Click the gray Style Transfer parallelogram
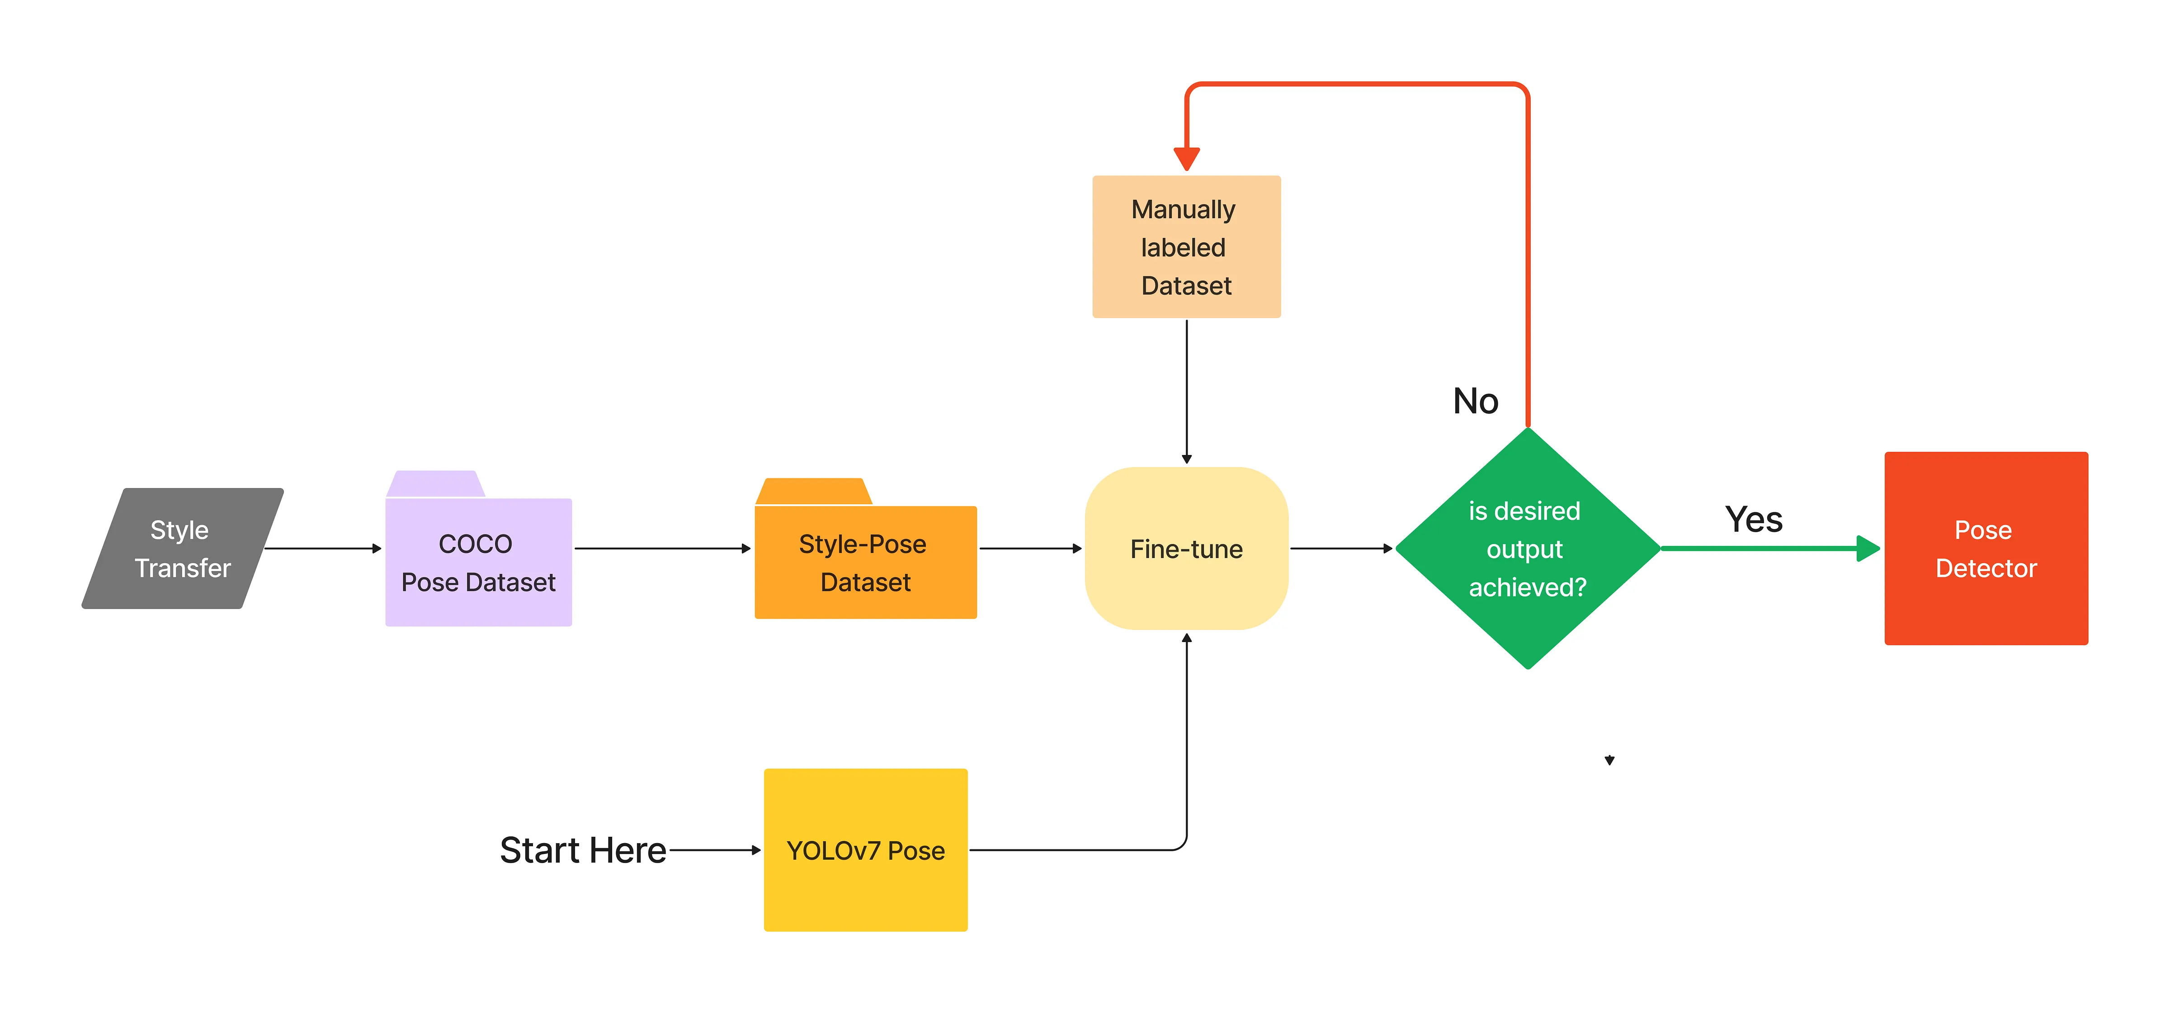[182, 548]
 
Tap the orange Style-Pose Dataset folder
[865, 563]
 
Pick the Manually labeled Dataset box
[1186, 247]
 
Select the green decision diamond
[1527, 548]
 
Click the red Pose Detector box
[1986, 548]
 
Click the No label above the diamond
[1475, 401]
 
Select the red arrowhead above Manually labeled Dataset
[1186, 158]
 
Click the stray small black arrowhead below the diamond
[1609, 760]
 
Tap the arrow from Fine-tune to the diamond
[1341, 548]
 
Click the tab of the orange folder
[813, 492]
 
